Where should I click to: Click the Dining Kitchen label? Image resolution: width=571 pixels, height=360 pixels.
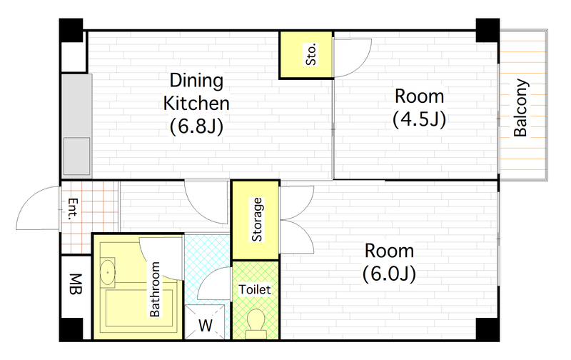tap(196, 92)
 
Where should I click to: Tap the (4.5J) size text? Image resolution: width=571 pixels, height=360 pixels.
tap(420, 119)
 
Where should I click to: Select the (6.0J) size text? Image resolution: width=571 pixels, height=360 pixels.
tap(389, 274)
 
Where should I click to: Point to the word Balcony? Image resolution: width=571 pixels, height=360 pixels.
tap(521, 108)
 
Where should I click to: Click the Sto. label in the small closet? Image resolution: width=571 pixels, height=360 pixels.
tap(311, 55)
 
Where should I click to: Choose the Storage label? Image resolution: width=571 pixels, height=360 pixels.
tap(257, 219)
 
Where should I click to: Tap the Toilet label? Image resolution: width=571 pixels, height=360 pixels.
tap(255, 289)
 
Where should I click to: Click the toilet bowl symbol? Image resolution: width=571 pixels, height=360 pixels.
tap(256, 324)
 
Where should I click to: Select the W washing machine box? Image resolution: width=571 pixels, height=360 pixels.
tap(206, 323)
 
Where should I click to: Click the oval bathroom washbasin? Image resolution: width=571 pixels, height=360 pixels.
tap(108, 272)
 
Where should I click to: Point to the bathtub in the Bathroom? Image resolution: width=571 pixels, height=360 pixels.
tap(139, 309)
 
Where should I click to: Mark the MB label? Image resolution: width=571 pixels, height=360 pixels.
tap(76, 284)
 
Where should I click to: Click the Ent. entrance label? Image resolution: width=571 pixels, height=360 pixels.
tap(73, 209)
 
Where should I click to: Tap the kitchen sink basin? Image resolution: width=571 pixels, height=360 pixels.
tap(76, 156)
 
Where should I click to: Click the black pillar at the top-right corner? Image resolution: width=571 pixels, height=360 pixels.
tap(487, 31)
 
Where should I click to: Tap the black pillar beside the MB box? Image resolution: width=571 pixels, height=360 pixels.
tap(71, 330)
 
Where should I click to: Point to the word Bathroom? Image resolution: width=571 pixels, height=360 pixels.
tap(155, 289)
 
